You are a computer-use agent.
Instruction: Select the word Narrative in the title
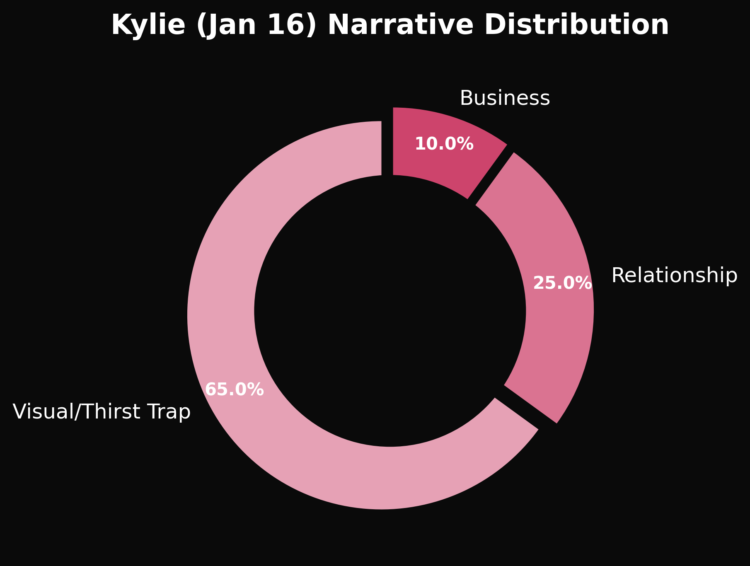400,25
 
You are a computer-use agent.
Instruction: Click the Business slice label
505,98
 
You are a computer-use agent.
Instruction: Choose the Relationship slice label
674,276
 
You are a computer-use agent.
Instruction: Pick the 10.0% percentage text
444,144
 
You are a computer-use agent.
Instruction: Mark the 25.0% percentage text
562,283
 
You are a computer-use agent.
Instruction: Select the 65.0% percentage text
235,389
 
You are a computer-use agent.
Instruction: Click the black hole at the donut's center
390,311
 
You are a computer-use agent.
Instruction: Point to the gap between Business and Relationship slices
492,174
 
